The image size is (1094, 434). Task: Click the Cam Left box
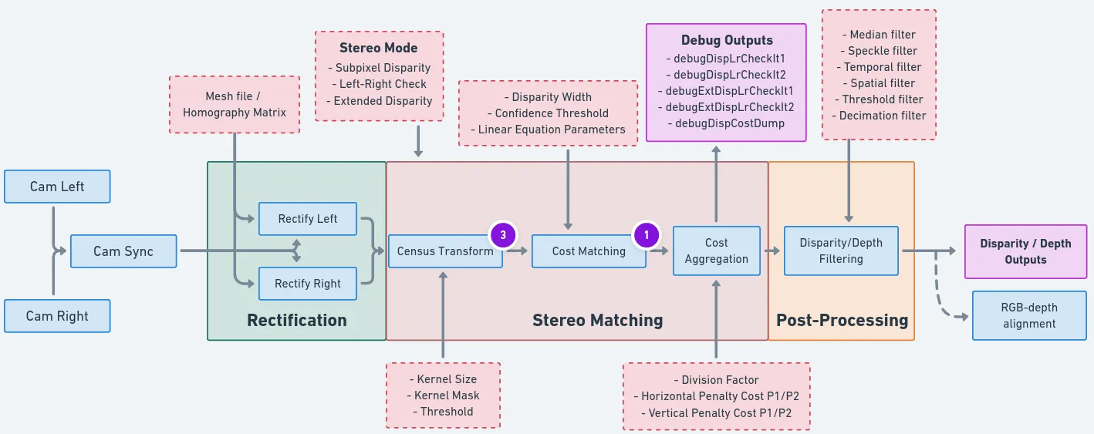[57, 187]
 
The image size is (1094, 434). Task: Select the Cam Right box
[57, 316]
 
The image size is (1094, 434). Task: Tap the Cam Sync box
[123, 251]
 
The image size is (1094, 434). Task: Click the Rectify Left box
[308, 219]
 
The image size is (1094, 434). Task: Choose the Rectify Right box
[308, 284]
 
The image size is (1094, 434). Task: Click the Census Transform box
[445, 251]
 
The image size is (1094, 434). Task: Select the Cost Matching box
[589, 251]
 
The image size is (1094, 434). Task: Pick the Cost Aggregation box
[716, 251]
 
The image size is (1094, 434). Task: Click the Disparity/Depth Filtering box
[841, 251]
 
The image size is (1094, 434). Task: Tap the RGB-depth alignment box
[1030, 315]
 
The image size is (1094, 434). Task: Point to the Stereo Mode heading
[379, 48]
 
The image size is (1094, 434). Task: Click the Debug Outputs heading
[727, 40]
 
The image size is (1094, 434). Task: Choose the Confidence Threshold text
[552, 113]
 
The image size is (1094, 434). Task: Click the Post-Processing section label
[842, 321]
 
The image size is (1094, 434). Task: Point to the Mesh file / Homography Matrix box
[235, 105]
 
